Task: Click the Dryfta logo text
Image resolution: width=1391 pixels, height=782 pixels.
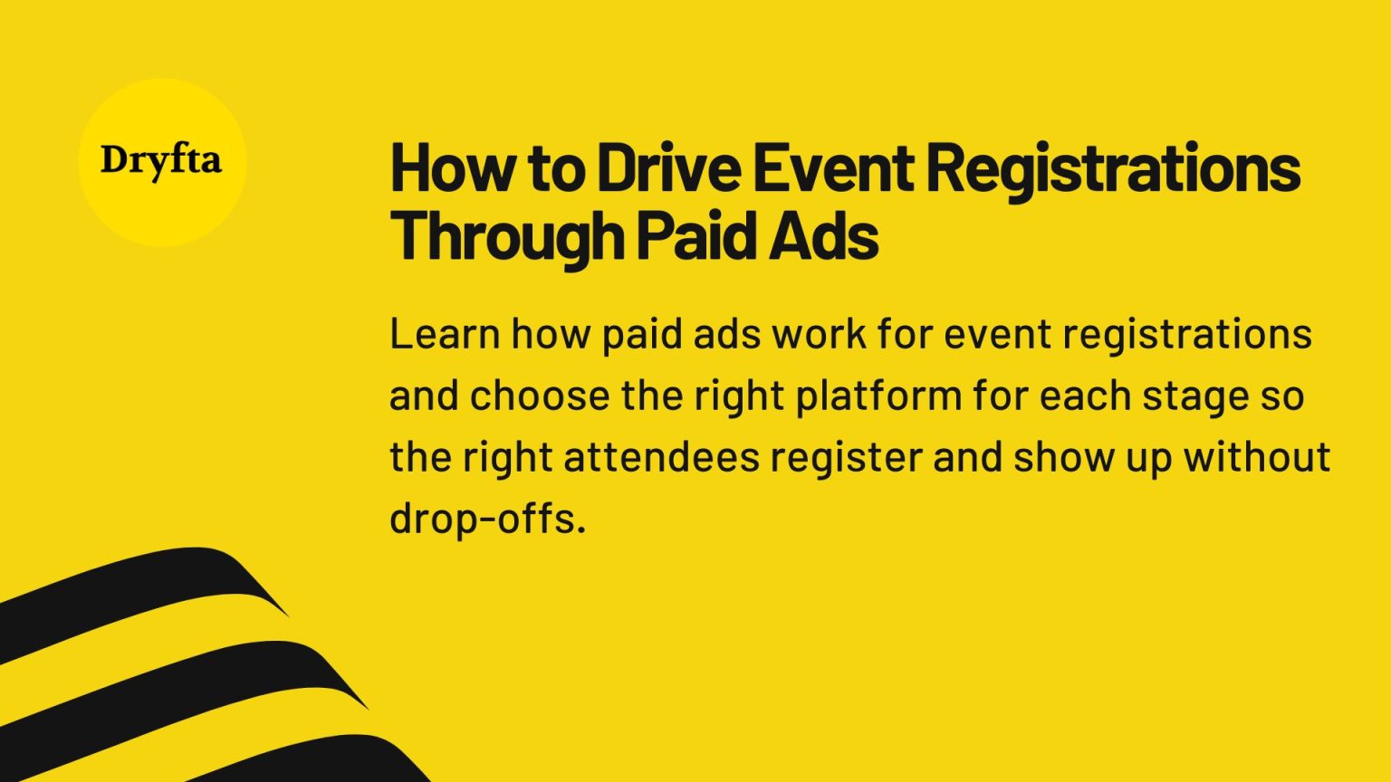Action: pyautogui.click(x=161, y=161)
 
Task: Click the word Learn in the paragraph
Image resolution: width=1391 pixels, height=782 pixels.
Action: pyautogui.click(x=444, y=334)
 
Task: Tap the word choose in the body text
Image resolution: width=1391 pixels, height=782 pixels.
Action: pyautogui.click(x=540, y=396)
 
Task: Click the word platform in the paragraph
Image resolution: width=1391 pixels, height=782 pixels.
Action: pyautogui.click(x=878, y=396)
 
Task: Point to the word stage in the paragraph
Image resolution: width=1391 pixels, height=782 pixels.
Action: pyautogui.click(x=1194, y=396)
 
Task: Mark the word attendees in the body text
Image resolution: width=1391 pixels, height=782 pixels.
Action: pyautogui.click(x=661, y=457)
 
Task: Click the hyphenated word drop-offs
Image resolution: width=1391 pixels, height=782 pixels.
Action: pyautogui.click(x=487, y=519)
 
